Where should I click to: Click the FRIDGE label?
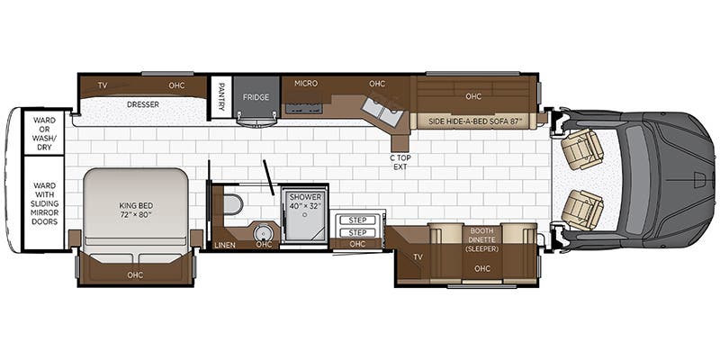[x=256, y=97]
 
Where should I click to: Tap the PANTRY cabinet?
[x=221, y=97]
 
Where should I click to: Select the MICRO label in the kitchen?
[x=306, y=83]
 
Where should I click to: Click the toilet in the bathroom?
[x=234, y=204]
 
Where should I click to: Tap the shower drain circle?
[x=304, y=214]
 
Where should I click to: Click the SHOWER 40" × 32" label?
[x=305, y=201]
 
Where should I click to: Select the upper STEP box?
[x=357, y=220]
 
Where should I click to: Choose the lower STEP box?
[x=357, y=232]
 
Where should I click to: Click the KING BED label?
[x=136, y=210]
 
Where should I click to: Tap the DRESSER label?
[x=143, y=104]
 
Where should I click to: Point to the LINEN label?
[x=224, y=245]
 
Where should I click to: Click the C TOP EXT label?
[x=400, y=162]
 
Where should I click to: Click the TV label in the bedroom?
[x=103, y=85]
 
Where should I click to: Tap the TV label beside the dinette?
[x=418, y=257]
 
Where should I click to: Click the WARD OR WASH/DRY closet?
[x=44, y=133]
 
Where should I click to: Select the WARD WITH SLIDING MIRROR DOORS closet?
[x=44, y=203]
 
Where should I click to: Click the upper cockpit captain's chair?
[x=582, y=148]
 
